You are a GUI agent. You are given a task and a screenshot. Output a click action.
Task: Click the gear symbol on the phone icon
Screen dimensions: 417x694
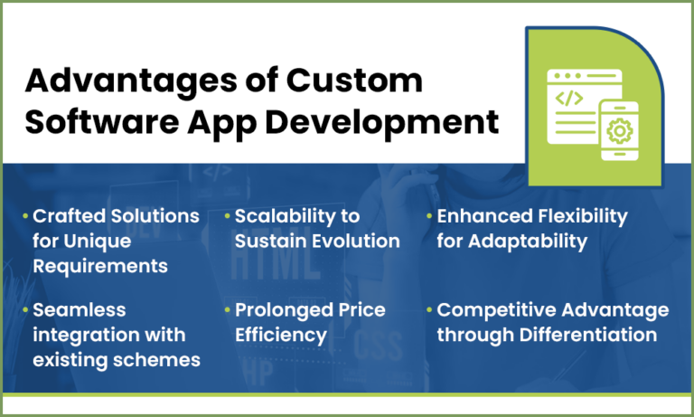tap(619, 133)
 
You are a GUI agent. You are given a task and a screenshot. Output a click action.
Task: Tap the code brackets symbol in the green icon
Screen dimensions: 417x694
tap(568, 98)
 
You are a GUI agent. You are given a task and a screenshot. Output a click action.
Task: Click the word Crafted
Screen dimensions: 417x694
tap(67, 216)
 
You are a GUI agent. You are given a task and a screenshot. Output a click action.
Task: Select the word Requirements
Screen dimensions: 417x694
tap(100, 267)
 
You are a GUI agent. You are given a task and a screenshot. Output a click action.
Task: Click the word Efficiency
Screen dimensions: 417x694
tap(280, 336)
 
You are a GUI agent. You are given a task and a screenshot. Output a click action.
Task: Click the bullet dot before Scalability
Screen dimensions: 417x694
tap(227, 217)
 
